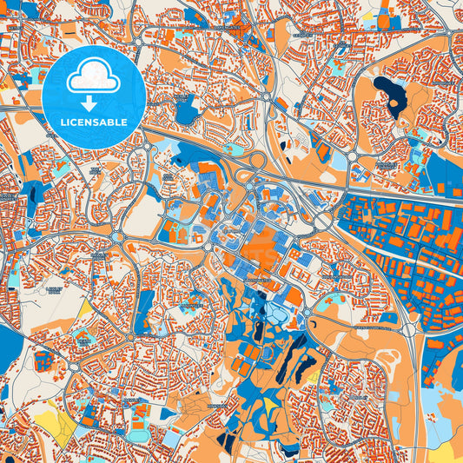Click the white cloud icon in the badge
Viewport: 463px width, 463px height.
click(93, 79)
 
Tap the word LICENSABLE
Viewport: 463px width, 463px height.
click(93, 122)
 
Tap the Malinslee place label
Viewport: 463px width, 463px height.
click(188, 307)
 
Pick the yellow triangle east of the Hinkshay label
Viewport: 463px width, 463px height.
click(270, 405)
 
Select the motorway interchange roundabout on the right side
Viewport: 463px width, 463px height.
click(409, 329)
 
